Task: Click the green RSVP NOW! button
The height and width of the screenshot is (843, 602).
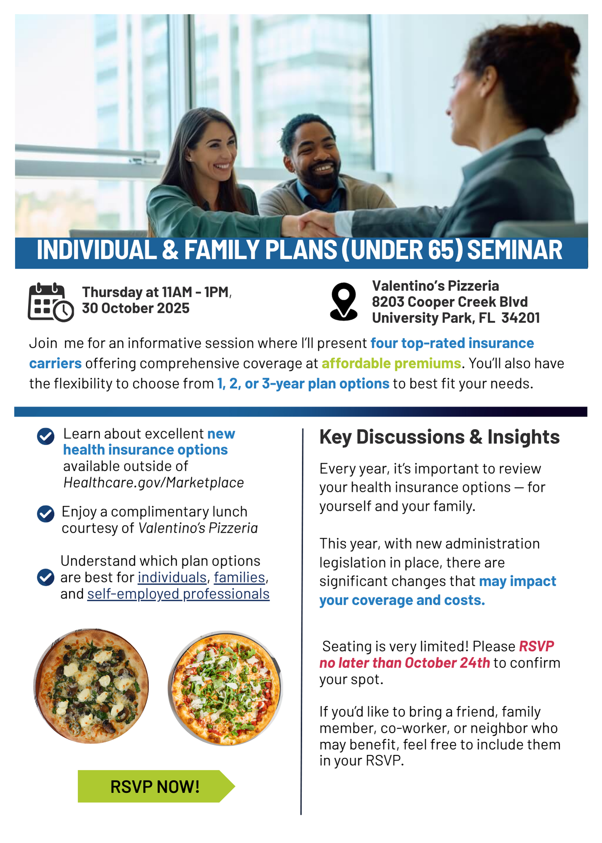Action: [156, 786]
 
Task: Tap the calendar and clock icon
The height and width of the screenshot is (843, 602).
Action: [51, 302]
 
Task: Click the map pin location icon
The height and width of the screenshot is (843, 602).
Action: [344, 301]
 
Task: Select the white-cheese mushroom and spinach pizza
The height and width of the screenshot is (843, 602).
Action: [91, 686]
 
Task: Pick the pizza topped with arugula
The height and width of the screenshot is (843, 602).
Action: [225, 688]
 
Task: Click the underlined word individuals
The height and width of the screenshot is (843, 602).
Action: [172, 577]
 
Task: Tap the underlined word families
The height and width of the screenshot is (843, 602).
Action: [239, 577]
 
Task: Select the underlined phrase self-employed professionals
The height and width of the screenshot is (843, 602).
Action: [178, 593]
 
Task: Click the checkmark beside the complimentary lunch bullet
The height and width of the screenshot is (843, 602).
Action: [46, 514]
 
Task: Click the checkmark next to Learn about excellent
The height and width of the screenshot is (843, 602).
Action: [46, 436]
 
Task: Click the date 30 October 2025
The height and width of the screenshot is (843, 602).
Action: [136, 308]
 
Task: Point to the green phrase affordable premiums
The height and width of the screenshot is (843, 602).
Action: [391, 363]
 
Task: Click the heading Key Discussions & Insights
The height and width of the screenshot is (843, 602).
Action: [440, 437]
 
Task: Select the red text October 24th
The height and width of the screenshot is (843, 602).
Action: [447, 663]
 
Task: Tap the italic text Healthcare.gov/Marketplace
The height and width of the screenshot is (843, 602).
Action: [153, 483]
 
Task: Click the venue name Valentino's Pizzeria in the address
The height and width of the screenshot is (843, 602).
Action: [435, 286]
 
